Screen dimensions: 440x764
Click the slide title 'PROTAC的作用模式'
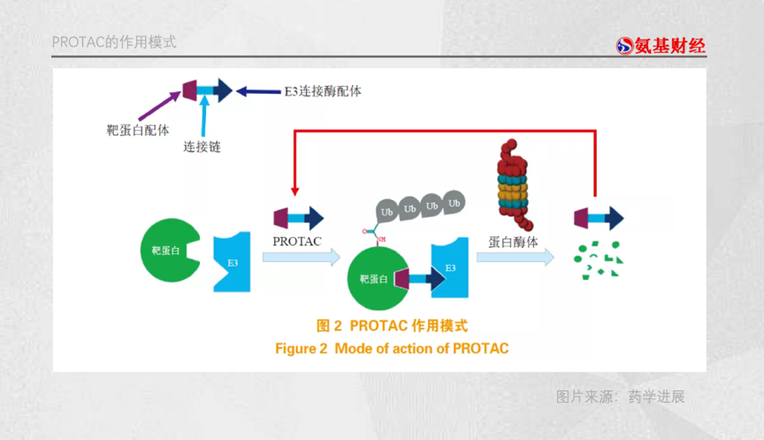(114, 42)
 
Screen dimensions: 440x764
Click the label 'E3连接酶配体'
(322, 91)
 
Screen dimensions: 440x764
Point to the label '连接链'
(202, 146)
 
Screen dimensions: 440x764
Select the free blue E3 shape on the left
(233, 262)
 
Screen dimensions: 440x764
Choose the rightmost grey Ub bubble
(454, 204)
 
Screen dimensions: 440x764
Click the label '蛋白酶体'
(512, 240)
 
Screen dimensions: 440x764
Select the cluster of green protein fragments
(598, 258)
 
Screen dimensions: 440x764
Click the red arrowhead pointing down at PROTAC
(295, 190)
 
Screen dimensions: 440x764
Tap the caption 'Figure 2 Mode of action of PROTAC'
(392, 348)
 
